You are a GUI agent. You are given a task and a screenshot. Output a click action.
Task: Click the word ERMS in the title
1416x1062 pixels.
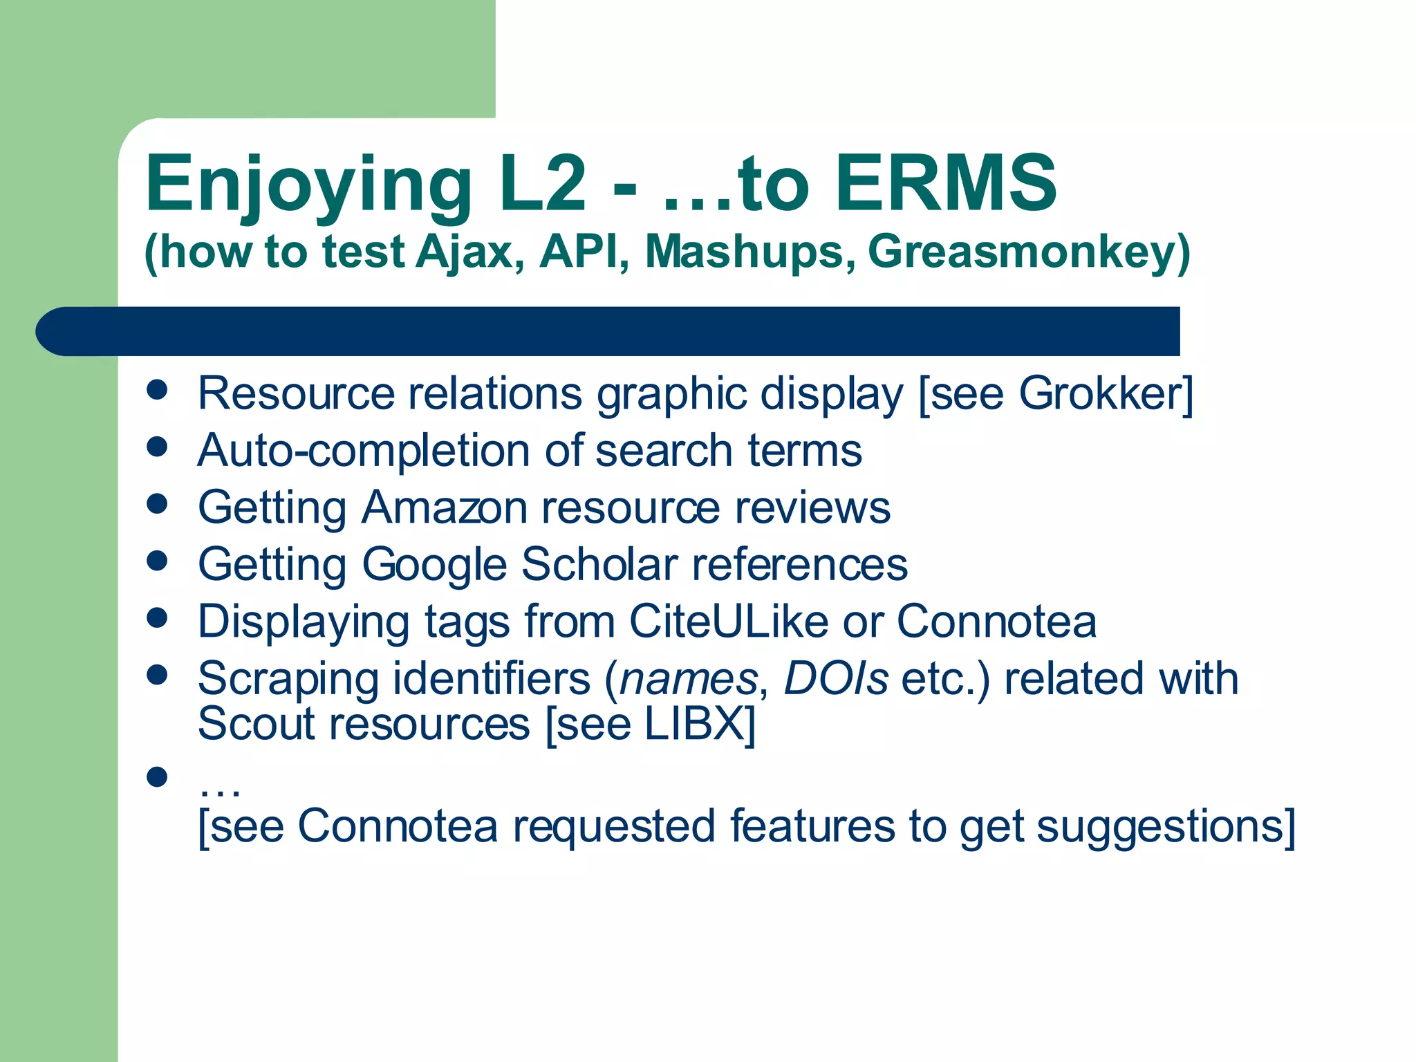click(x=945, y=183)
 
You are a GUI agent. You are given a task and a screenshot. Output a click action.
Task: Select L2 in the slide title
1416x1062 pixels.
click(x=543, y=183)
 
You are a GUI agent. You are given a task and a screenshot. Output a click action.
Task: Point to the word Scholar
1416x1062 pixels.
click(x=599, y=564)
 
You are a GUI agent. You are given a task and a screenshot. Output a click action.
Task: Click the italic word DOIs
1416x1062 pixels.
click(x=836, y=678)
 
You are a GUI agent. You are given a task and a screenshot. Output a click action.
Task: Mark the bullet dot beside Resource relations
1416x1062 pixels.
click(x=158, y=389)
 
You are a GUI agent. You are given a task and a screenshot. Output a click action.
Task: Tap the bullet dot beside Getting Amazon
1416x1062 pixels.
click(x=158, y=503)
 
